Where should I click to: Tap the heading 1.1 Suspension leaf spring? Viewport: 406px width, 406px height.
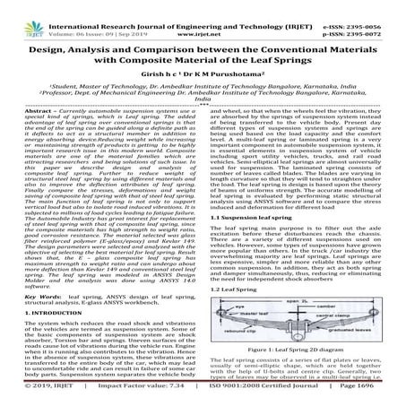click(x=247, y=216)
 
